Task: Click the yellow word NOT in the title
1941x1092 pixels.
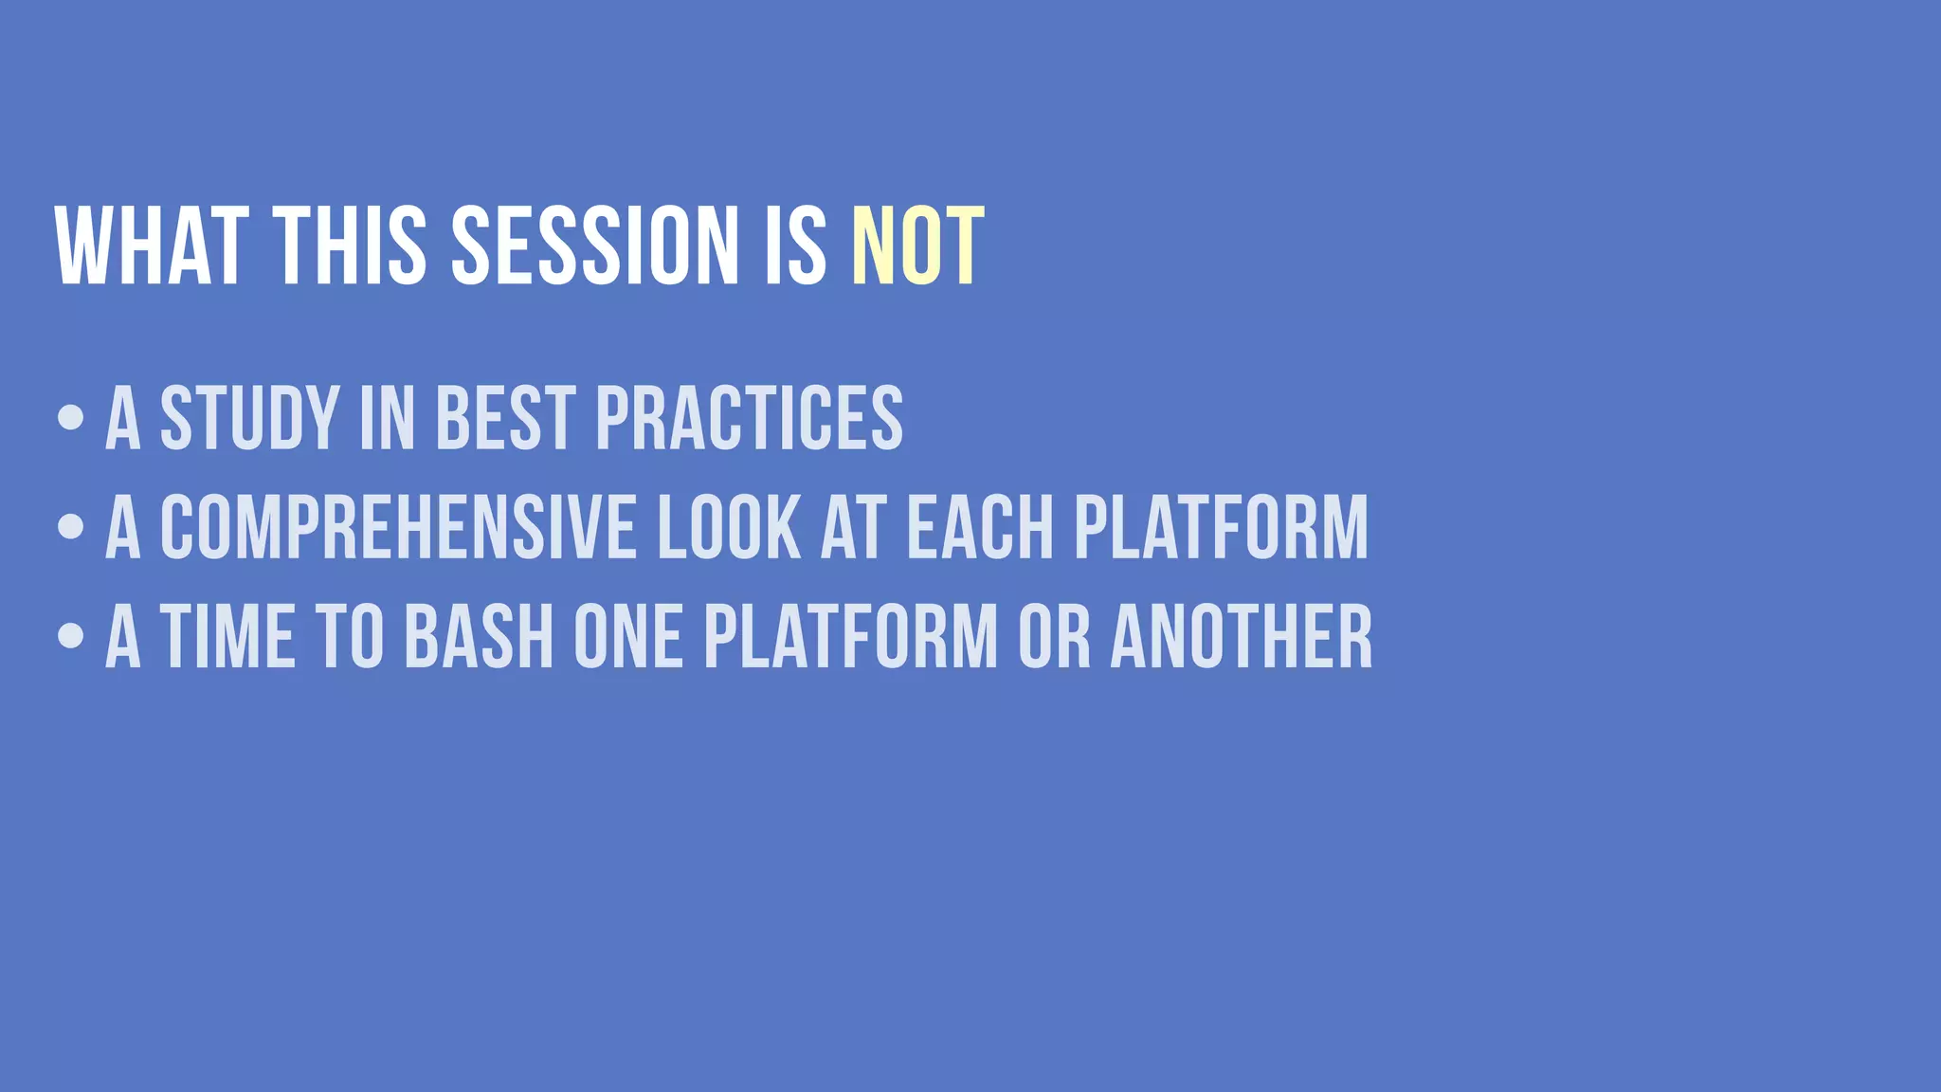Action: [x=917, y=246]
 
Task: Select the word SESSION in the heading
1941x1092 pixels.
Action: [x=594, y=246]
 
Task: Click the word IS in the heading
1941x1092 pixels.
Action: [x=795, y=246]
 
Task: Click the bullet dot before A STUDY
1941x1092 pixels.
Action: [x=70, y=417]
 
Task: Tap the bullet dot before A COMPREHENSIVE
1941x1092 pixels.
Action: [x=70, y=527]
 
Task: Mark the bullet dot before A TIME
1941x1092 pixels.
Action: [x=70, y=636]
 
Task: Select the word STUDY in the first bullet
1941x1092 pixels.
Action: [x=249, y=418]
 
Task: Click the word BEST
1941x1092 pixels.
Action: [x=505, y=418]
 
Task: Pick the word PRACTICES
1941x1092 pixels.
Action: [x=749, y=418]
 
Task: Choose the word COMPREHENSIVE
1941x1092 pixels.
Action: [x=398, y=528]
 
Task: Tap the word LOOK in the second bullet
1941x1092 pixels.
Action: [x=729, y=528]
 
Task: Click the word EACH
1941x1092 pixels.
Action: [x=980, y=528]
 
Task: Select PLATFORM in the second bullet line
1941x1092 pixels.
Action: [x=1221, y=528]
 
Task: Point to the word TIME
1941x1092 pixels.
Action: [x=227, y=637]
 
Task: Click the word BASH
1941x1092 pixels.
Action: [x=479, y=637]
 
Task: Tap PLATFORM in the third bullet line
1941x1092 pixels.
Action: [x=850, y=637]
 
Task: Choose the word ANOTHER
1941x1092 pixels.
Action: [x=1241, y=637]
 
